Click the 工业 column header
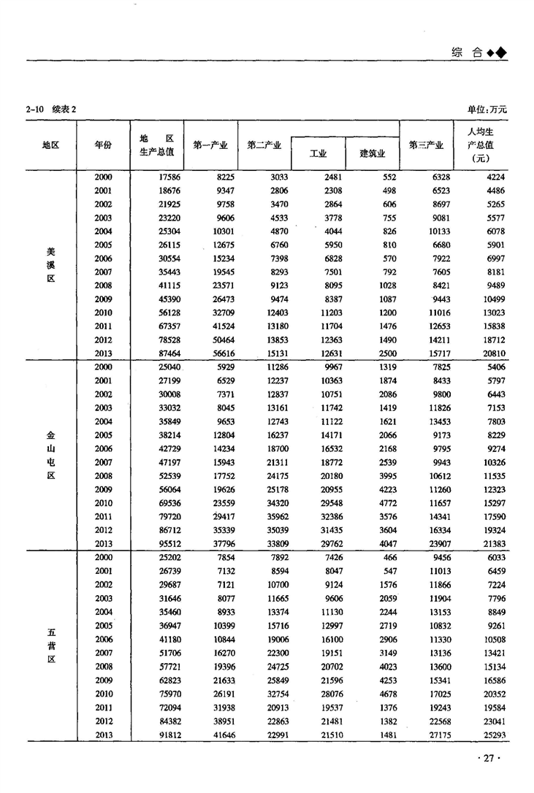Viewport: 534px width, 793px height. [318, 154]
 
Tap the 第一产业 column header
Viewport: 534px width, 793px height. [210, 145]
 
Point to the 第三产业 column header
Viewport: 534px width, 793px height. [426, 145]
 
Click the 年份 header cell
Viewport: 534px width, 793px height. [104, 145]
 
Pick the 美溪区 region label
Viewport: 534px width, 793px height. [50, 264]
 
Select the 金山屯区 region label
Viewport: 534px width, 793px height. [50, 455]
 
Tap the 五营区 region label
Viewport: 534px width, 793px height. [50, 645]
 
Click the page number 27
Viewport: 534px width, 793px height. [489, 759]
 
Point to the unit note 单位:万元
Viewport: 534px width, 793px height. [487, 110]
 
